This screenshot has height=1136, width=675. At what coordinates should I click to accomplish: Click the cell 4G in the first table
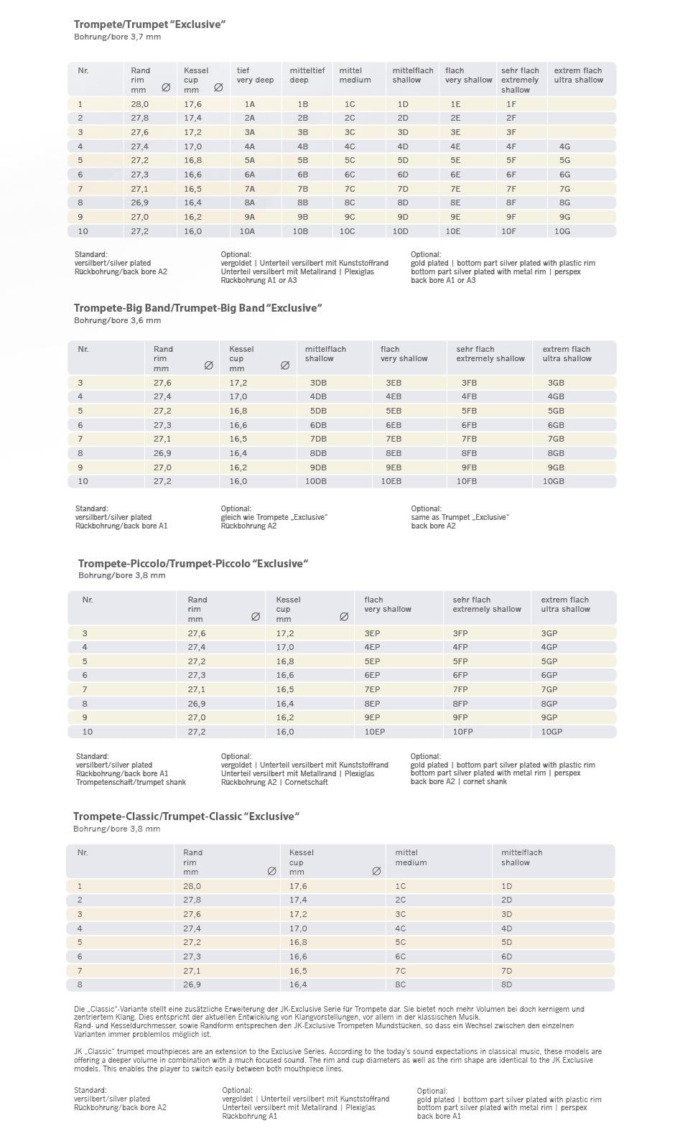pyautogui.click(x=564, y=146)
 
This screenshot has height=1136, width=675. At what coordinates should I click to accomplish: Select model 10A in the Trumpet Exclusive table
pyautogui.click(x=247, y=231)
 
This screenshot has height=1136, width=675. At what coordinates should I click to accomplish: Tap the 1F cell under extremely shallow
pyautogui.click(x=511, y=104)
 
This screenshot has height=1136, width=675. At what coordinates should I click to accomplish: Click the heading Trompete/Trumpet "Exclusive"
pyautogui.click(x=150, y=24)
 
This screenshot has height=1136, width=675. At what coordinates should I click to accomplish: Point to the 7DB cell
pyautogui.click(x=318, y=439)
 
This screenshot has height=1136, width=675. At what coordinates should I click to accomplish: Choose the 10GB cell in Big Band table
pyautogui.click(x=554, y=481)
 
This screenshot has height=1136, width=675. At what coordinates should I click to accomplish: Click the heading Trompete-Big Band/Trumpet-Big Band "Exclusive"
pyautogui.click(x=197, y=308)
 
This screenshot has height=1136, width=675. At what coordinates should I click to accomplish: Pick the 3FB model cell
pyautogui.click(x=470, y=383)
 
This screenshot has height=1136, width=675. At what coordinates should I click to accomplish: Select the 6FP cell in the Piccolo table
pyautogui.click(x=460, y=675)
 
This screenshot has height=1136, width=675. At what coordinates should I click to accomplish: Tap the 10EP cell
pyautogui.click(x=375, y=732)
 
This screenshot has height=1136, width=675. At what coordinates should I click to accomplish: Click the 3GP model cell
pyautogui.click(x=549, y=633)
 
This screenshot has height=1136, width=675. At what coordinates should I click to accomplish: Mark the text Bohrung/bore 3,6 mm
pyautogui.click(x=117, y=320)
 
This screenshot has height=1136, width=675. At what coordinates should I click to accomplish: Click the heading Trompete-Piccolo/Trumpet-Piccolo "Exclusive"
pyautogui.click(x=193, y=564)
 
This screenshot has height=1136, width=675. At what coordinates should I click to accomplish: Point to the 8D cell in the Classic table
pyautogui.click(x=507, y=984)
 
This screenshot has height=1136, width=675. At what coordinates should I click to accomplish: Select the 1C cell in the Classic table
pyautogui.click(x=401, y=886)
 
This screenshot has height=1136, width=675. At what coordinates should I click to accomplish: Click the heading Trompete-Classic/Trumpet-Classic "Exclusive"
pyautogui.click(x=186, y=816)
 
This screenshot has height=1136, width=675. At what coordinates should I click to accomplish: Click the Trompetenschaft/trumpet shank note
pyautogui.click(x=131, y=782)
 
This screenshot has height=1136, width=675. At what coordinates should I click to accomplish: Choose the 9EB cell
pyautogui.click(x=394, y=467)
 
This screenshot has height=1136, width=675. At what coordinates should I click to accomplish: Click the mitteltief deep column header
pyautogui.click(x=307, y=75)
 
